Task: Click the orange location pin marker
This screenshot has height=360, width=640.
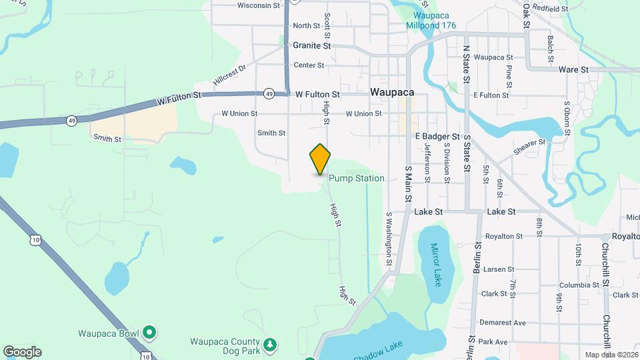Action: (320, 159)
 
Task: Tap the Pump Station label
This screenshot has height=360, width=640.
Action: (356, 179)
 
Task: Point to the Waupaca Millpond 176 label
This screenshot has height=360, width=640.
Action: (431, 21)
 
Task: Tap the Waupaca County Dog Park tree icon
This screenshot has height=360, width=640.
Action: (270, 344)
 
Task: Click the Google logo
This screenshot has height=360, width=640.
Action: (22, 352)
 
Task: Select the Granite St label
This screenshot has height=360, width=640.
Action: (312, 46)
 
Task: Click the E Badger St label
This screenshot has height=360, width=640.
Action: (437, 137)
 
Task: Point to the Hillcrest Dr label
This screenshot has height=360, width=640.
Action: (230, 73)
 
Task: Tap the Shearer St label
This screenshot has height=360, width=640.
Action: (529, 147)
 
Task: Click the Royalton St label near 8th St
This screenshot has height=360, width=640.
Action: (504, 236)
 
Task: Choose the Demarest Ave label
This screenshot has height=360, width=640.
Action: (503, 323)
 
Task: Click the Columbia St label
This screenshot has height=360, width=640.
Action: (579, 285)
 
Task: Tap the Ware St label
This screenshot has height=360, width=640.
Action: (573, 69)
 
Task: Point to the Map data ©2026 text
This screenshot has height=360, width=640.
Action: (611, 355)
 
